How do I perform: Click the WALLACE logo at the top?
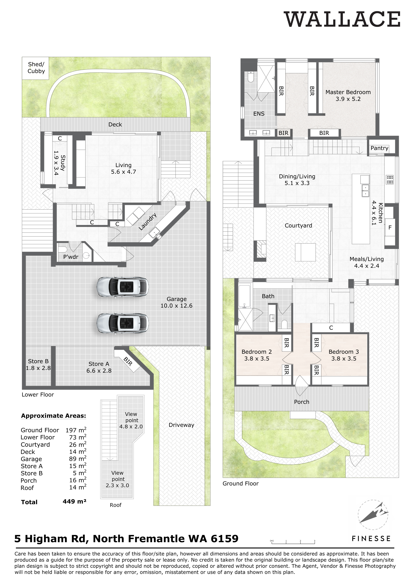(342, 20)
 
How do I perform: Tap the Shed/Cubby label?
(36, 68)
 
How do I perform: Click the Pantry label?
(379, 148)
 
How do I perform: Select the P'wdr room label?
(71, 257)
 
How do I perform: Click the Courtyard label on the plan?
(298, 225)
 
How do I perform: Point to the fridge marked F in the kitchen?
(390, 228)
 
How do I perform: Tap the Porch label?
(302, 402)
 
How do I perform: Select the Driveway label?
(181, 425)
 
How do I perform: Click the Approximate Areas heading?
(53, 416)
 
